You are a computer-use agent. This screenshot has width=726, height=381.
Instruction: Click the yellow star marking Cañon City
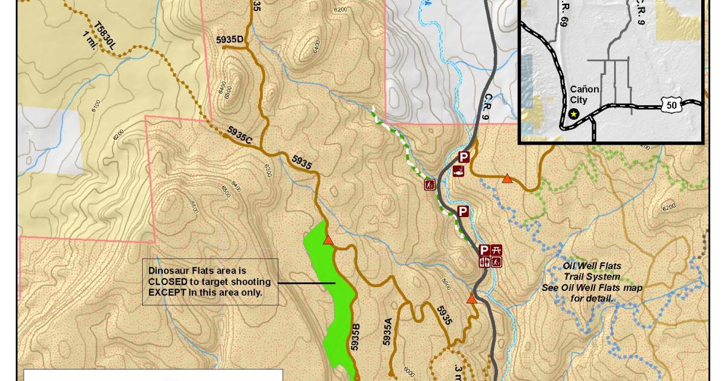tap(574, 114)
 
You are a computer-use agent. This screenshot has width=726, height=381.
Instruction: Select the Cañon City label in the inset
tap(584, 94)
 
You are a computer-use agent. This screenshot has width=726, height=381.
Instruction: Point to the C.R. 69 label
tap(564, 28)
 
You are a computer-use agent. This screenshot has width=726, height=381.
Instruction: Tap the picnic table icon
tap(497, 250)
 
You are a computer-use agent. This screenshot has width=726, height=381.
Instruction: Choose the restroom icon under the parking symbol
tap(484, 262)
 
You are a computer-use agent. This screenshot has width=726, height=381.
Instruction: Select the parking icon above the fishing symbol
tap(463, 158)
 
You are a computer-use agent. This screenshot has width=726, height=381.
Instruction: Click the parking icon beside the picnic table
tap(484, 250)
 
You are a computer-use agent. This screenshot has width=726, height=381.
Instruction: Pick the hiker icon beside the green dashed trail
tap(430, 184)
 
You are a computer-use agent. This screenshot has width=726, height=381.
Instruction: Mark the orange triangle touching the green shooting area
tap(328, 240)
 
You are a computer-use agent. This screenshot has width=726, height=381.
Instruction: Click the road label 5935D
tap(229, 40)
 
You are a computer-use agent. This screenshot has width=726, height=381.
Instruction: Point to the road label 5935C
tap(240, 134)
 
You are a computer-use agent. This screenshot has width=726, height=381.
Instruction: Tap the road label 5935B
tap(356, 337)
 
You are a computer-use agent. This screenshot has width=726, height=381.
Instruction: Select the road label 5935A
tap(388, 331)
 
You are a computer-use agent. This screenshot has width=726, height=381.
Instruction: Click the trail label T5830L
tap(104, 36)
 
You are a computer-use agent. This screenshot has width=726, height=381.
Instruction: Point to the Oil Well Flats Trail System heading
tap(592, 272)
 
